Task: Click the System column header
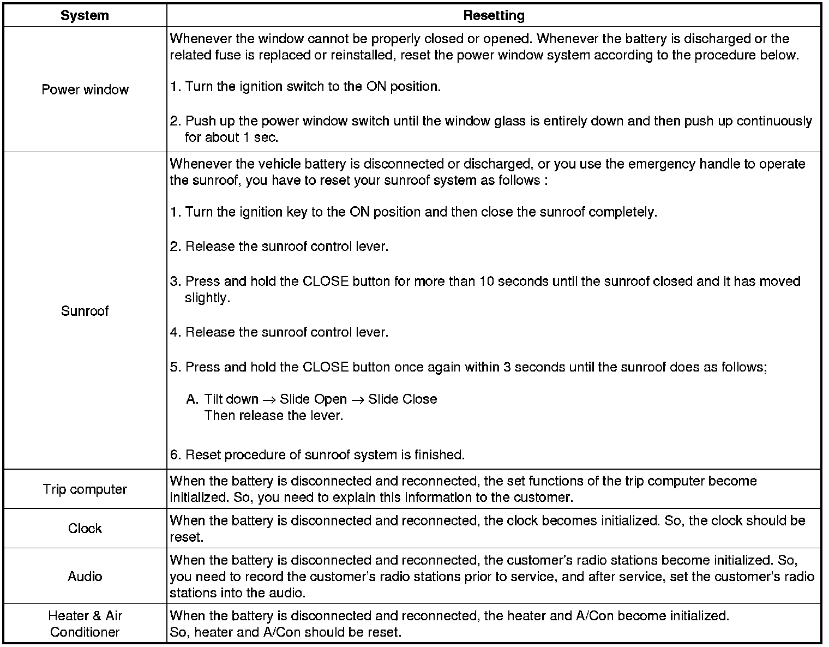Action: point(85,16)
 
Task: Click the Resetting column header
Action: point(494,16)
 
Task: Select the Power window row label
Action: point(85,89)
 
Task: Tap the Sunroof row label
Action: point(85,311)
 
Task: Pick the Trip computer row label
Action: point(85,489)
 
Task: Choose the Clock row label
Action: point(85,528)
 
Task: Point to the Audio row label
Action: point(85,576)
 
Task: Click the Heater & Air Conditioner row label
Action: point(85,624)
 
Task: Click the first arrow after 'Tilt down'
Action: point(269,400)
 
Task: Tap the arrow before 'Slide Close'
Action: point(357,400)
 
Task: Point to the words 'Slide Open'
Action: point(313,399)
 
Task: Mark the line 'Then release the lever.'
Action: point(274,416)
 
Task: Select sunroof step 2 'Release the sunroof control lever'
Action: point(279,247)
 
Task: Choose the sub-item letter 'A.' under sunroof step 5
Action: point(192,399)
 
